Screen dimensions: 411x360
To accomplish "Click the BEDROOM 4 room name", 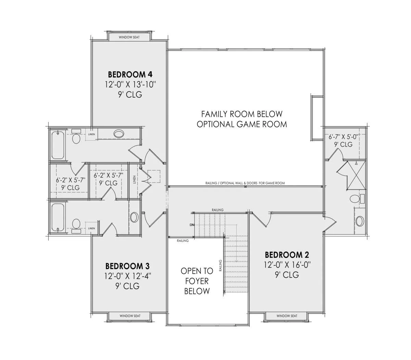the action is tap(130, 74).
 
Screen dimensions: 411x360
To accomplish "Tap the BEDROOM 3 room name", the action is tap(127, 266).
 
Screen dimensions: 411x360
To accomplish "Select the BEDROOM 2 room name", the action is tap(287, 255).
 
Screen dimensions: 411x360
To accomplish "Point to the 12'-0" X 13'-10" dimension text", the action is tap(130, 84).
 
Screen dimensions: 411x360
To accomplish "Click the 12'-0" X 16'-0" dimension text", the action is tap(287, 265).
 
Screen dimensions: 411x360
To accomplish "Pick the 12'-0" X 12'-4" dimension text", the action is tap(127, 276).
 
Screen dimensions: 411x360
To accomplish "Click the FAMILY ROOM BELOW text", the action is tap(242, 114).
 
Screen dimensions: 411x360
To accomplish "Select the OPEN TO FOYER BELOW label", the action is tap(197, 281).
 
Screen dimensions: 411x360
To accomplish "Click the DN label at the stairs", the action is tap(192, 225).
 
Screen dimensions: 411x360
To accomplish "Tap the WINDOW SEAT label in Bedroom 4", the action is tap(129, 37).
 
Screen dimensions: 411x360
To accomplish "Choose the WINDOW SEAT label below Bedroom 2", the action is tap(287, 316).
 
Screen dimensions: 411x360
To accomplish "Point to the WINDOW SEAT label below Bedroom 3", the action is tap(130, 316).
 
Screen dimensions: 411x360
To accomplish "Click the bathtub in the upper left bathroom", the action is tap(58, 145).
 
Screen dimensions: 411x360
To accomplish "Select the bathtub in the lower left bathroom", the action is tap(58, 218).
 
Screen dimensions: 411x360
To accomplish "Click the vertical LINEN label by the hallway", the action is tap(135, 179).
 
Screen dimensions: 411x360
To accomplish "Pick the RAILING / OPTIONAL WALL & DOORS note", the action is tap(245, 183).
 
